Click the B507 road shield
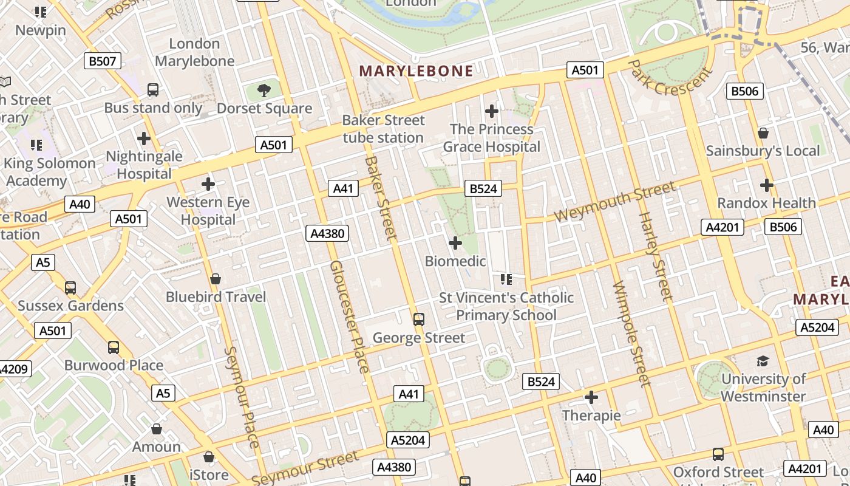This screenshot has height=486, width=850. pos(102,61)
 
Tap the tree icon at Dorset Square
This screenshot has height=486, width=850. pos(263,91)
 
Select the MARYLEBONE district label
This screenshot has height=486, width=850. pos(416,71)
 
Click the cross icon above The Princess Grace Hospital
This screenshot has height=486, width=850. pos(492,111)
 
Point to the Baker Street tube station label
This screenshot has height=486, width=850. pos(383,129)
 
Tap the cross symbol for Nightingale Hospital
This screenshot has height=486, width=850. pos(144,139)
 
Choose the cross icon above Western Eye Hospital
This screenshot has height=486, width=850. pos(208,183)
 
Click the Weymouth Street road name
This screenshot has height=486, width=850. pos(614,203)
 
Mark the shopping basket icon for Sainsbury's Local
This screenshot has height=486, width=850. pos(763,133)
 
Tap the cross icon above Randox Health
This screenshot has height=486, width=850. pos(767,185)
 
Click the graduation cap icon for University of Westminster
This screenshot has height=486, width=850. pos(763,361)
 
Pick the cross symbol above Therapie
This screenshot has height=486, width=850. pos(591,398)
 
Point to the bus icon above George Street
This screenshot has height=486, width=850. pos(418,320)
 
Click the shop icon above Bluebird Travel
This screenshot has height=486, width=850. pos(215,279)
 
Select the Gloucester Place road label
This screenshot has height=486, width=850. pos(349,317)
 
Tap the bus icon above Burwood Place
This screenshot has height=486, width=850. pos(114,347)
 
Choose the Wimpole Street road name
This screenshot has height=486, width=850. pos(632,334)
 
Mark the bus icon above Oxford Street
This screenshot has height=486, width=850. pos(718,454)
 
